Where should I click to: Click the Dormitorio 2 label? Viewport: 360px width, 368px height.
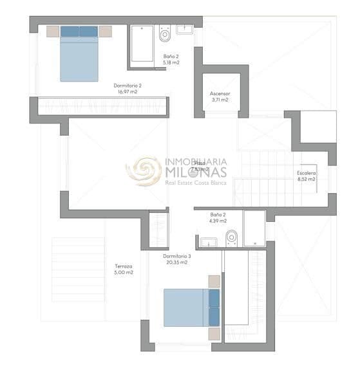point(127,86)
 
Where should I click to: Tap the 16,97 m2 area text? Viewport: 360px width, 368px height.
point(127,92)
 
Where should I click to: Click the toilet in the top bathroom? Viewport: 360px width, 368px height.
point(165,32)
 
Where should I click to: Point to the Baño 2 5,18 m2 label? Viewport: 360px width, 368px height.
point(171,60)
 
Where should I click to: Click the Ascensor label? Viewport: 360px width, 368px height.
point(220,94)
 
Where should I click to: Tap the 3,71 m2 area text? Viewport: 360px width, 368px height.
point(220,100)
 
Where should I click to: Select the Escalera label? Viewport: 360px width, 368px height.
point(306,173)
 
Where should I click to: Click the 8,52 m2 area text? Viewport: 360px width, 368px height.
point(306,179)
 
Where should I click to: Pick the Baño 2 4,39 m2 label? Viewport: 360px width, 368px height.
point(218,217)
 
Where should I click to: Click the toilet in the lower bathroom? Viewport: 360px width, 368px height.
point(232,237)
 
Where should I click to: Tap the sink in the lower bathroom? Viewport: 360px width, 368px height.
point(208,242)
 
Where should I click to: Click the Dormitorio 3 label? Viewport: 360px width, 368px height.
point(176,256)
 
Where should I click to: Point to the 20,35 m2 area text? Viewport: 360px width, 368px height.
point(176,262)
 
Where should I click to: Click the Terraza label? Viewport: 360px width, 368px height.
point(124,266)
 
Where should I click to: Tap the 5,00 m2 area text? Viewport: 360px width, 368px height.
point(124,273)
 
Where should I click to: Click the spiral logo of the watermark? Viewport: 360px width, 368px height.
point(143,170)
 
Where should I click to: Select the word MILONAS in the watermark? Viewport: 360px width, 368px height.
point(196,172)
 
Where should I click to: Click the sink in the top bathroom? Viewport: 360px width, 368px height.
point(185,29)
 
